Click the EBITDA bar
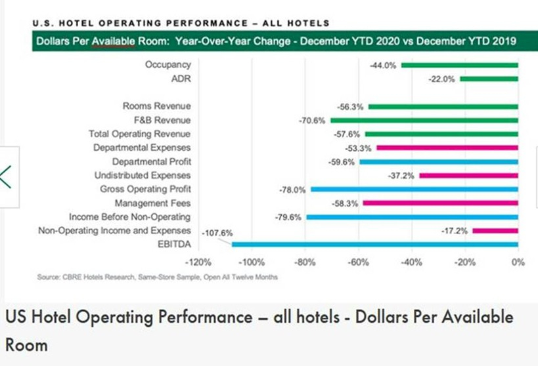374,244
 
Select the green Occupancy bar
459,65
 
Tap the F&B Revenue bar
424,120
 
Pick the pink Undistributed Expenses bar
468,175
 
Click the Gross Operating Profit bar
414,189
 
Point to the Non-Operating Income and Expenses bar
495,230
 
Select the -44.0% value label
384,65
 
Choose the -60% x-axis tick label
358,262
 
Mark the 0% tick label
518,262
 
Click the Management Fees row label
152,203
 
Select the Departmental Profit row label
151,161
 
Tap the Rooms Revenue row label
156,106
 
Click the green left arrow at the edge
7,176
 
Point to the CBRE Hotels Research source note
158,277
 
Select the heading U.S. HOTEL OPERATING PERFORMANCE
181,24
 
